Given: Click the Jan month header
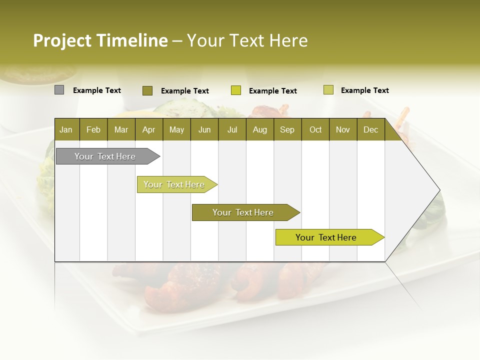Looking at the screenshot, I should point(66,129).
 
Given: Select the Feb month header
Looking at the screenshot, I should point(93,129).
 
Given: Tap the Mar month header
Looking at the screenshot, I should point(121,129).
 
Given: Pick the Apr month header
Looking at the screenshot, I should point(148,129).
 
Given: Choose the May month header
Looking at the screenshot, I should point(176,129).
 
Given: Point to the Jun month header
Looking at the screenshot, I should point(204,129).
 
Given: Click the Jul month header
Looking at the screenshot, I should point(232,129).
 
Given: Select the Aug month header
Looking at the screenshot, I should point(259,129).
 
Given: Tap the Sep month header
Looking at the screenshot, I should point(287,129).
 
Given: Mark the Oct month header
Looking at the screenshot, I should point(315,129).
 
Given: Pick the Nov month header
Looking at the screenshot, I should point(343,129).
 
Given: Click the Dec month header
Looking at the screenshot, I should point(370,129).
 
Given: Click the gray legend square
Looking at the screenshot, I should point(59,90).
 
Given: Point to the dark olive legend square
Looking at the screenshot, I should point(147,90).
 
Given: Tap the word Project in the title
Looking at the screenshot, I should point(62,40).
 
